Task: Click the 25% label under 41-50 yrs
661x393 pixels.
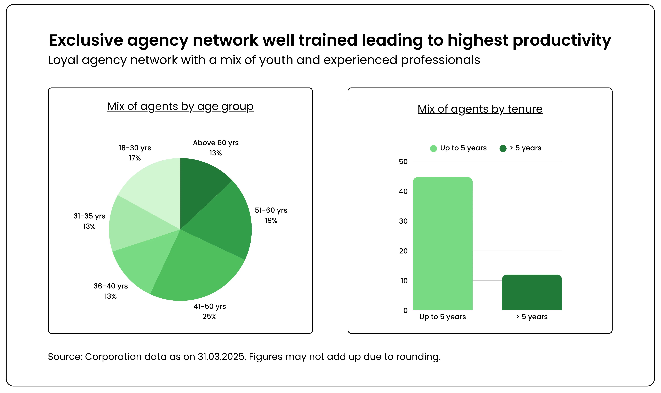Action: pyautogui.click(x=210, y=316)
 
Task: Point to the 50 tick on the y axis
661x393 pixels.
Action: pyautogui.click(x=403, y=162)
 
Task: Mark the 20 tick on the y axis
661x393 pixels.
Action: pyautogui.click(x=403, y=251)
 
